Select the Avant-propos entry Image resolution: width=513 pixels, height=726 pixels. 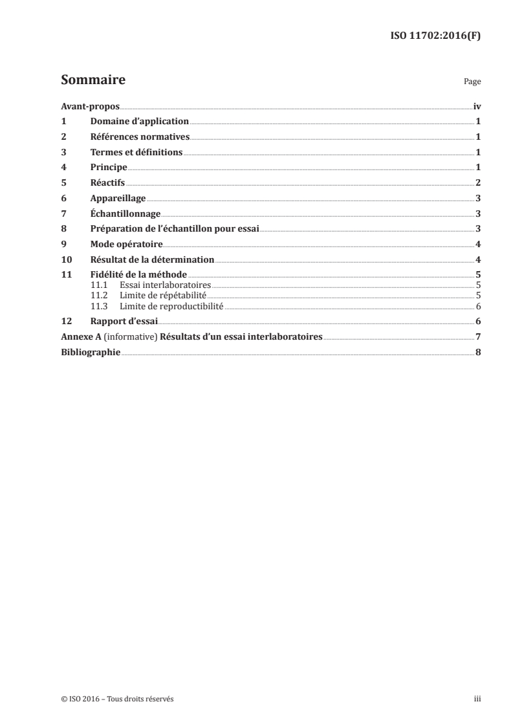point(90,106)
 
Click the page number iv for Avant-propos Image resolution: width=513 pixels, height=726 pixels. point(476,106)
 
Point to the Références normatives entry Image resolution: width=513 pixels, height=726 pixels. point(140,137)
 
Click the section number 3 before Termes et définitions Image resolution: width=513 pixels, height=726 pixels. point(63,153)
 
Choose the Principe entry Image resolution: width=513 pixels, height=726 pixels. point(109,168)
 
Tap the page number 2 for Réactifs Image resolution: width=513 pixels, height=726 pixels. point(477,183)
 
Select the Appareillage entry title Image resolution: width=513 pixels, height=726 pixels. point(118,199)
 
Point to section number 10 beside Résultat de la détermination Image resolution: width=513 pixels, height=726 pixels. point(65,260)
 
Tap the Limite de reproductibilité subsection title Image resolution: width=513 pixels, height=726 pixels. point(171,306)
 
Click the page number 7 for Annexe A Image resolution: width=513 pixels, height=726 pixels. point(477,337)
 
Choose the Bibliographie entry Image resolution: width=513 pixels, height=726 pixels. point(90,353)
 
